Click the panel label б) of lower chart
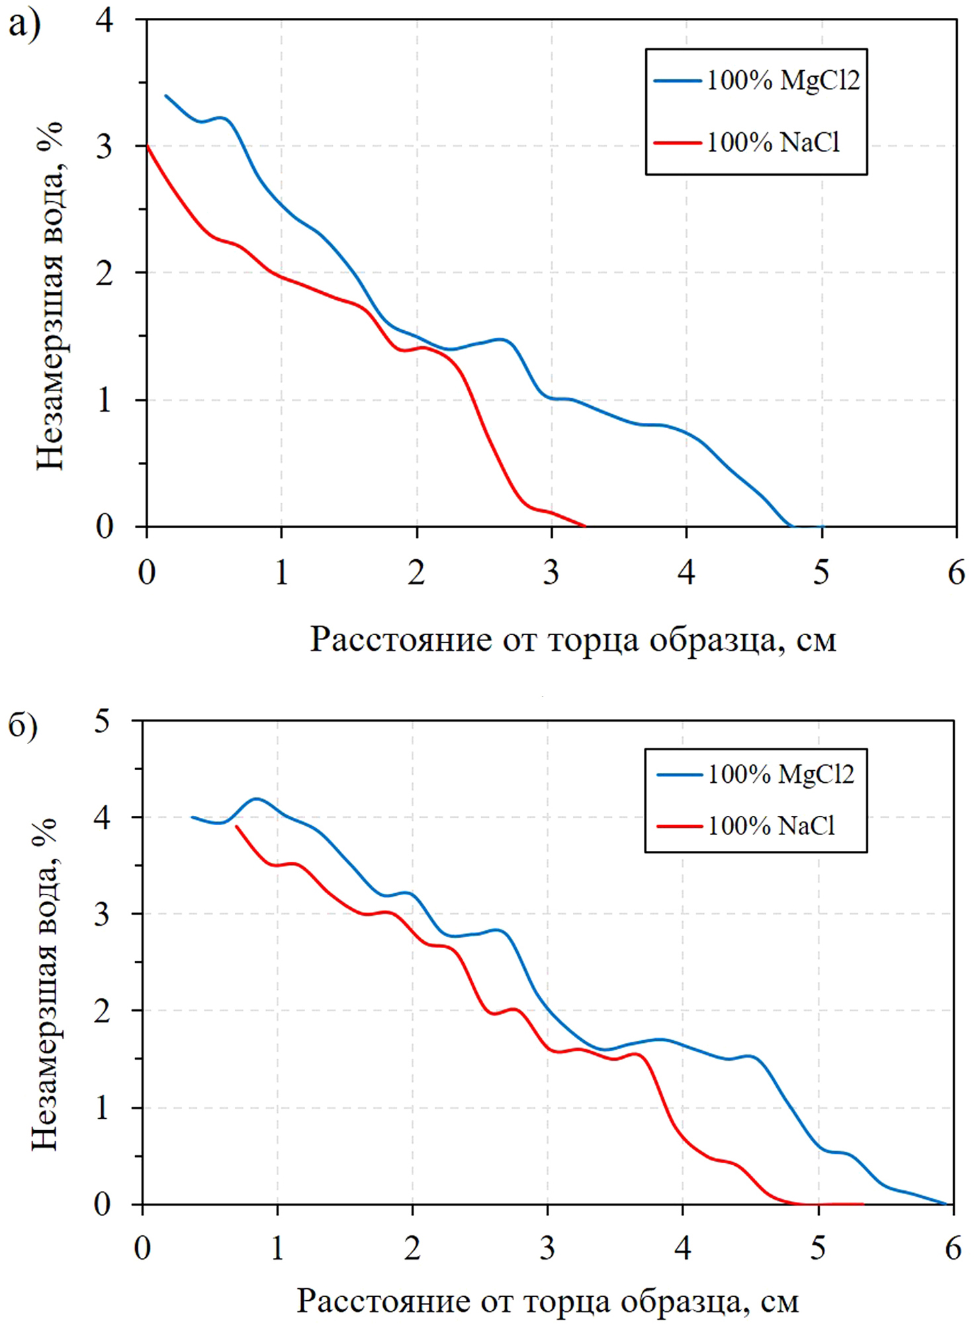(x=22, y=726)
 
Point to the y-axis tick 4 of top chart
(x=105, y=20)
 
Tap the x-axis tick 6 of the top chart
(x=956, y=572)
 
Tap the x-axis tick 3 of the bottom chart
(x=547, y=1249)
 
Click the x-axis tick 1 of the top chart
(x=282, y=572)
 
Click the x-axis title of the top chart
(x=573, y=640)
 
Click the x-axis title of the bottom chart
(x=547, y=1301)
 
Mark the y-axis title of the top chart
(x=50, y=295)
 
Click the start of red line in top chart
(x=147, y=146)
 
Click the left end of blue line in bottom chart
(x=193, y=817)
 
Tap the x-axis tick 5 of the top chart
(x=821, y=572)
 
